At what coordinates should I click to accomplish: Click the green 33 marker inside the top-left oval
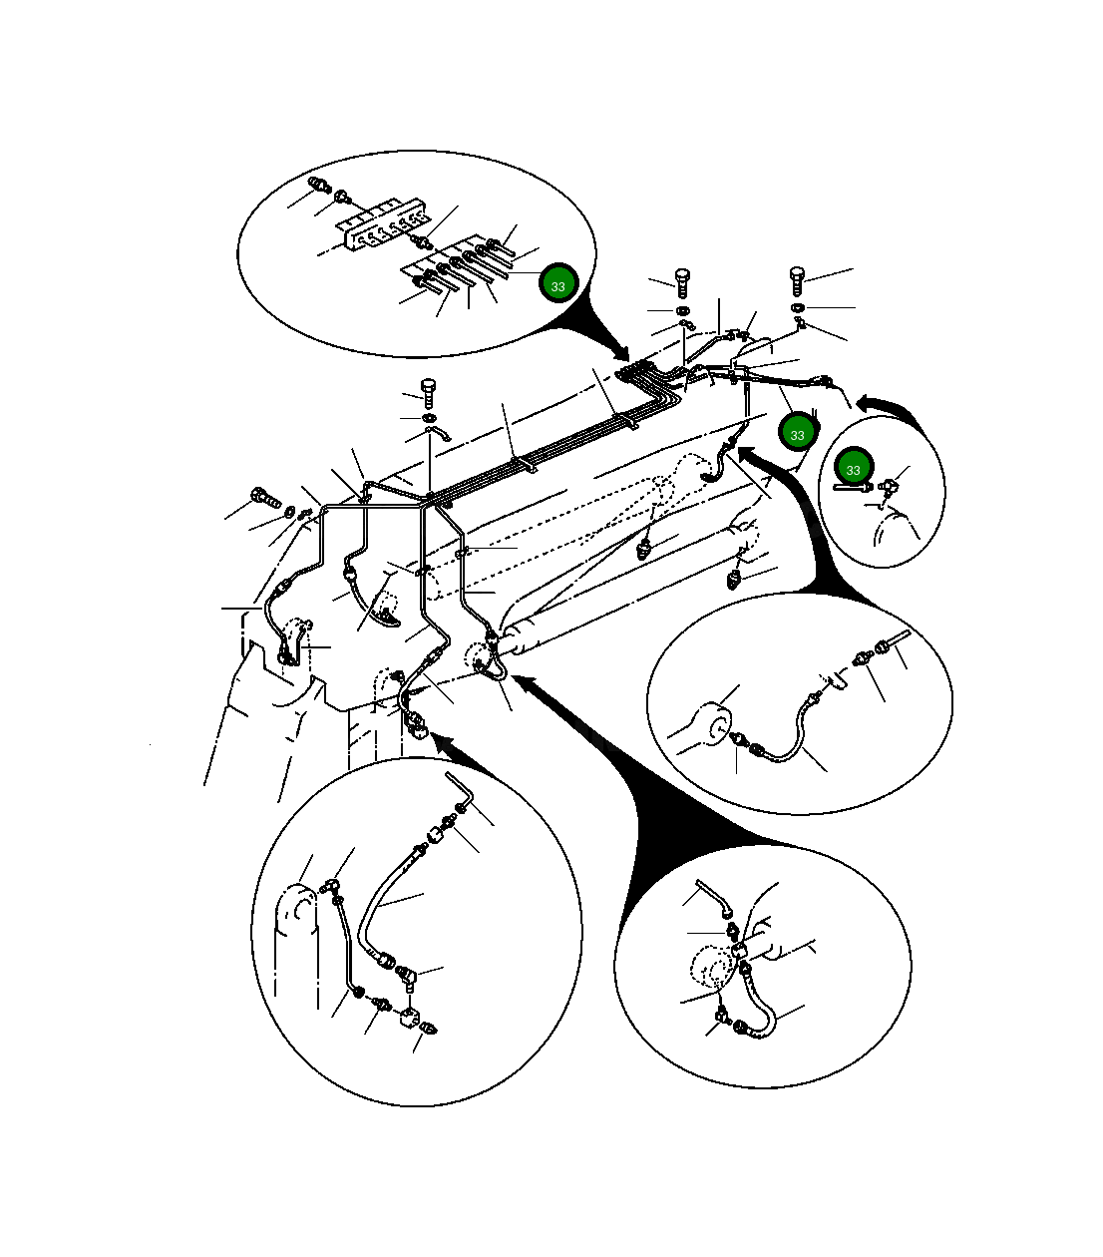point(557,284)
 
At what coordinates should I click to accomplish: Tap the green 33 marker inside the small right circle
point(853,468)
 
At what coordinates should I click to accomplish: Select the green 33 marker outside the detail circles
point(797,432)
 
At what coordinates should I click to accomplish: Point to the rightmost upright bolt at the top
point(797,281)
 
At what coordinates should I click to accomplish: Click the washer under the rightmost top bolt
point(797,307)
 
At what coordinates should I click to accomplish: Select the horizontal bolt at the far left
point(265,497)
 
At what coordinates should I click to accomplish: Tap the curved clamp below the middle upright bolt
point(438,433)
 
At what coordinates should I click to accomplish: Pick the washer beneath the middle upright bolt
point(428,417)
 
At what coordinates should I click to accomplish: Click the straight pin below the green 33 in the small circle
point(852,487)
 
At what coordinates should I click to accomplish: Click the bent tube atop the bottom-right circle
point(714,898)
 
